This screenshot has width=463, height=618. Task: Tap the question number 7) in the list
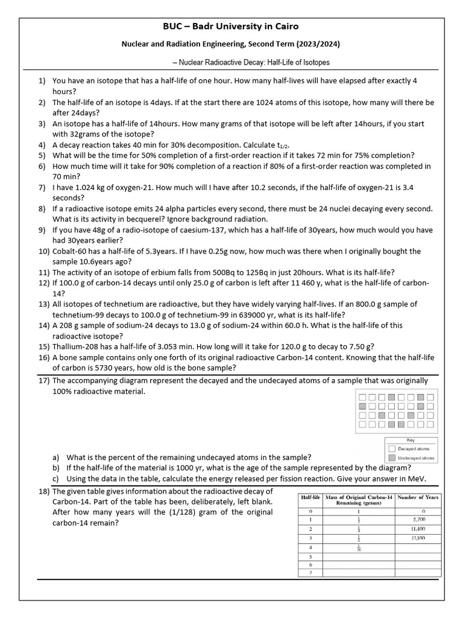click(x=42, y=188)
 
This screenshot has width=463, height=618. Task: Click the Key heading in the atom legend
click(x=411, y=441)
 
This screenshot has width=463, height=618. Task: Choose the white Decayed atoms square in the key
click(x=392, y=449)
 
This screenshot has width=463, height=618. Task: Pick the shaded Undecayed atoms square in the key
click(x=392, y=458)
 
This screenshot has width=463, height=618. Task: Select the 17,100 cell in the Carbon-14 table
click(x=418, y=537)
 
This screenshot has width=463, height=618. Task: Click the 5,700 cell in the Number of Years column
click(x=418, y=518)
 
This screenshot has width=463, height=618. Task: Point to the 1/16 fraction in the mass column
click(x=359, y=547)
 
